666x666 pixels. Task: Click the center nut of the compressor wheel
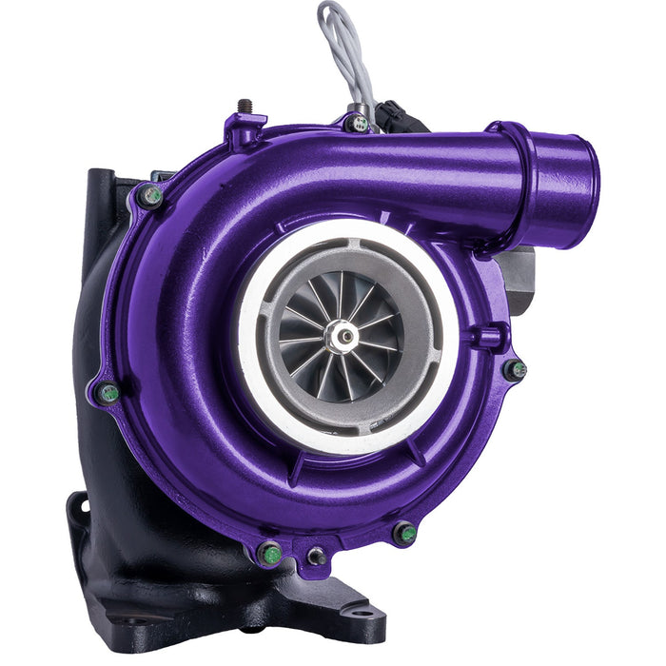342,335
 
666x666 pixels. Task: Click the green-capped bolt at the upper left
151,195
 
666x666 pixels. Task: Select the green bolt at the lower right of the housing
405,534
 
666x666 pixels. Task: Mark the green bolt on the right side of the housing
516,370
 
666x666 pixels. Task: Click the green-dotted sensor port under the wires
358,123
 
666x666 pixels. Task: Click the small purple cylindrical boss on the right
491,336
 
